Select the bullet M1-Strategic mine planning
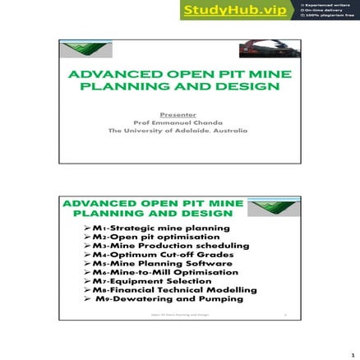160,227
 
